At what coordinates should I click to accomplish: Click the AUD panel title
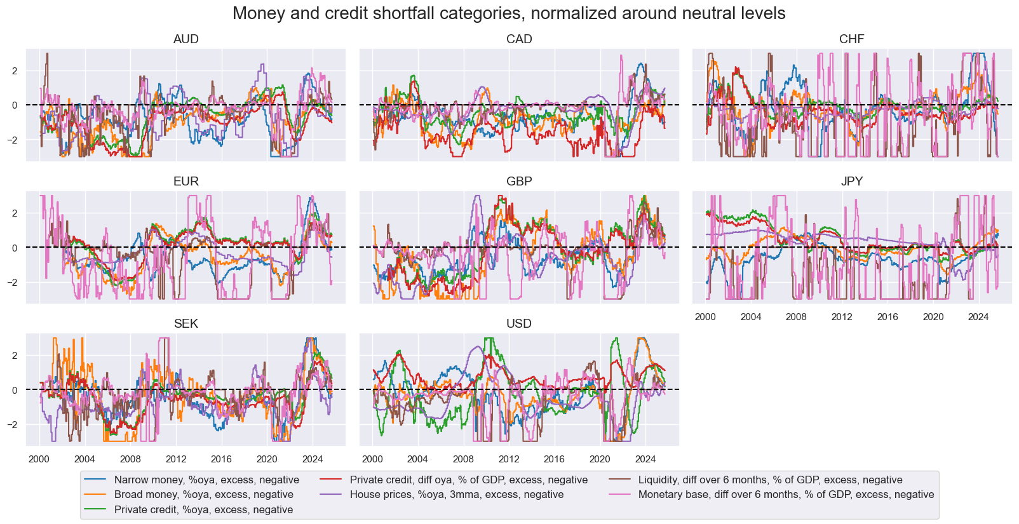[186, 39]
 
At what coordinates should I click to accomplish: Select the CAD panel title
[519, 39]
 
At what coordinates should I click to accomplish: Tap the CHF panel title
[851, 39]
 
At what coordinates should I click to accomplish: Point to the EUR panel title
[186, 182]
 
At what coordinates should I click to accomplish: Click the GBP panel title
[519, 182]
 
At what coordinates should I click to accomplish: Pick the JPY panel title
[851, 182]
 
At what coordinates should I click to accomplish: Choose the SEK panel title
[186, 324]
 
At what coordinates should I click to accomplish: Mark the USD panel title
[519, 324]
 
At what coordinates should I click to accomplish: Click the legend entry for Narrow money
[206, 480]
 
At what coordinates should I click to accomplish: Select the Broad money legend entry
[203, 495]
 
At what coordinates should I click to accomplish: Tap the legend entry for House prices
[456, 495]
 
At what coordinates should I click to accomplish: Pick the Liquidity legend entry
[770, 480]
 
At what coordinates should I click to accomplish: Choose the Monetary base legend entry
[786, 495]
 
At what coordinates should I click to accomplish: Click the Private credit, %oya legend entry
[203, 509]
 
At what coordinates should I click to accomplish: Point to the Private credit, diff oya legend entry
[468, 480]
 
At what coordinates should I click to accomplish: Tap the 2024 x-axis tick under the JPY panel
[978, 317]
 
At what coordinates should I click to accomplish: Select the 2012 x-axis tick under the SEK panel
[176, 459]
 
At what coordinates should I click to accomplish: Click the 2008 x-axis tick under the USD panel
[463, 459]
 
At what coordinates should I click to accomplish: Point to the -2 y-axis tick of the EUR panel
[14, 282]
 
